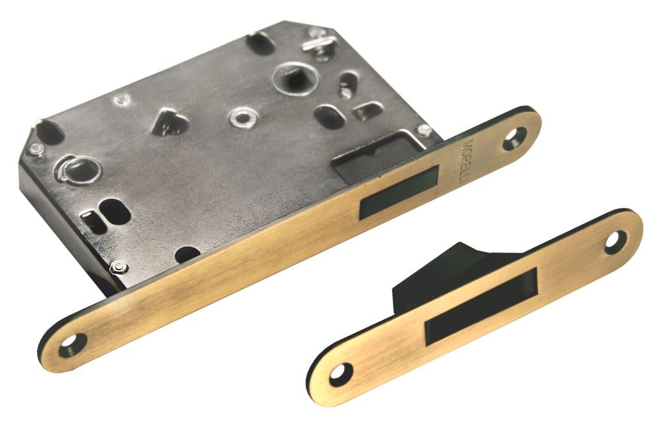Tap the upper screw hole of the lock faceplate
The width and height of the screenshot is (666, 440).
click(515, 139)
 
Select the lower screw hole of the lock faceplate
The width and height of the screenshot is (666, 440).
click(73, 344)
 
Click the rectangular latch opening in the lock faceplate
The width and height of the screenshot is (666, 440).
click(399, 192)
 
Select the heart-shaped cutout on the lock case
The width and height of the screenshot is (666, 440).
click(169, 122)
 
